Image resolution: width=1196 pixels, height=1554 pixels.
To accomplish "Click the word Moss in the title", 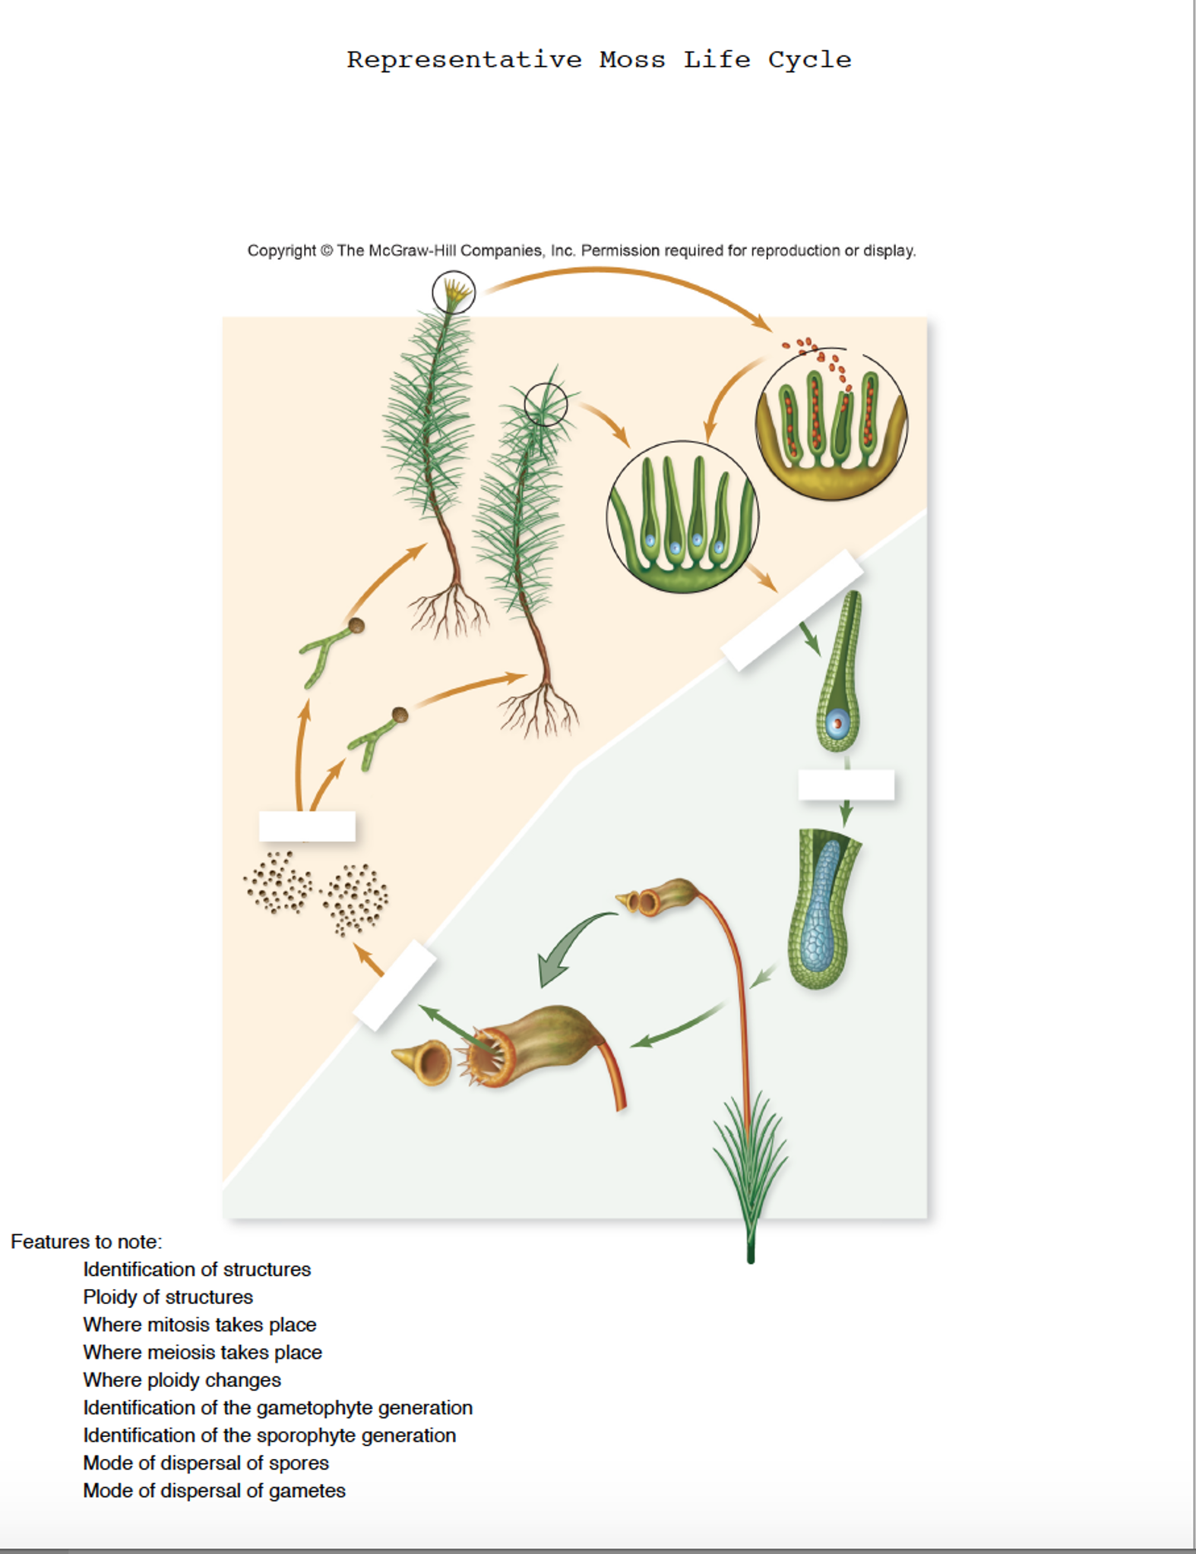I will (631, 59).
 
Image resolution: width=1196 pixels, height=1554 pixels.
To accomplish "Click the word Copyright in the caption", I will (281, 251).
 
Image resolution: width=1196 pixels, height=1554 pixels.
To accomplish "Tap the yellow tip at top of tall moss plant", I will (454, 290).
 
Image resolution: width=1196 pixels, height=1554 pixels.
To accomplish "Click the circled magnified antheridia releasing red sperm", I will (831, 425).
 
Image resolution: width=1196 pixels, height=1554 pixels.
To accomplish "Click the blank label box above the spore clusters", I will (307, 826).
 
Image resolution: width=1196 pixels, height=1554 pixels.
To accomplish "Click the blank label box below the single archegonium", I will (846, 785).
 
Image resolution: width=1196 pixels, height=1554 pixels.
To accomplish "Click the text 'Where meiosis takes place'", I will (202, 1352).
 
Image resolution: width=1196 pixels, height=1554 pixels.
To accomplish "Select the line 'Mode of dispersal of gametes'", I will (214, 1490).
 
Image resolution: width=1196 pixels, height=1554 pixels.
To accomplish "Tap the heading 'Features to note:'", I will (86, 1241).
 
